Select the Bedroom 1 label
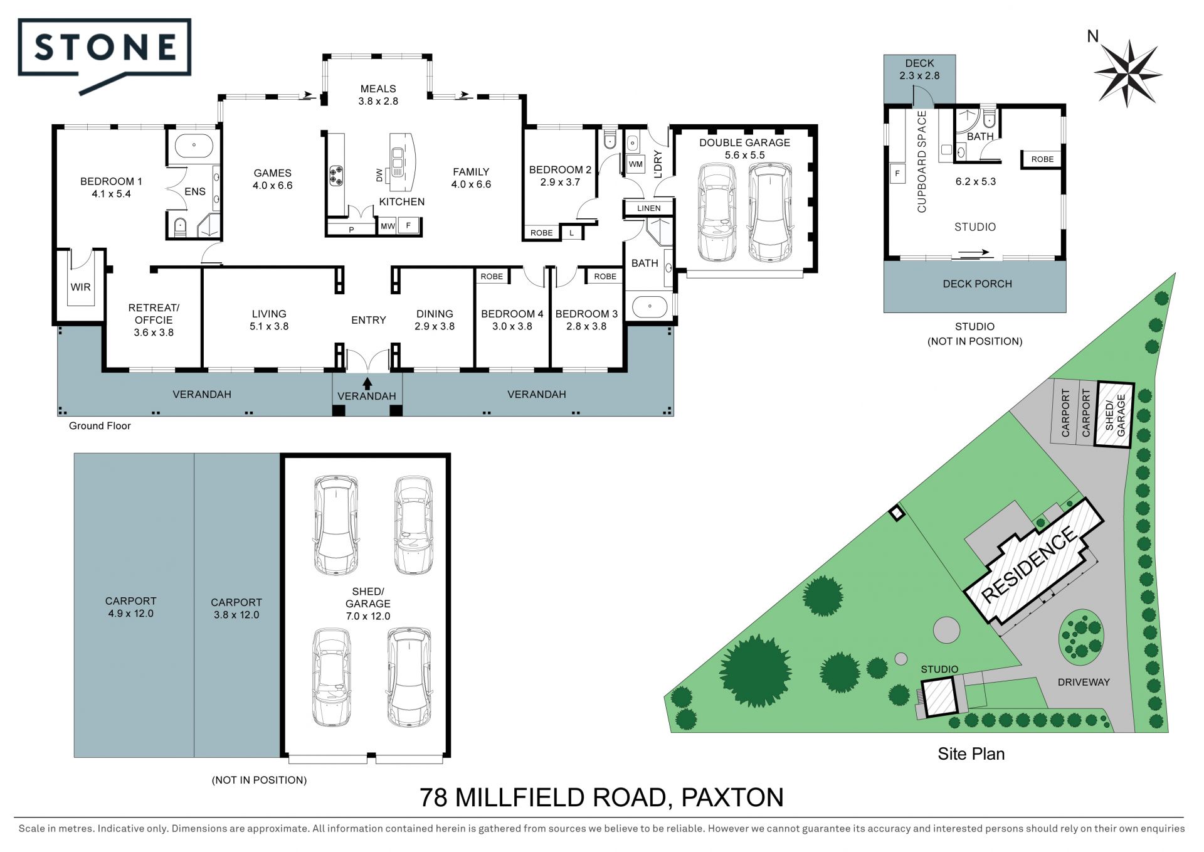[x=111, y=188]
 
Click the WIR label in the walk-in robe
[x=81, y=287]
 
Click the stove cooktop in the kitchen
[x=336, y=175]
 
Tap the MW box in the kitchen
[x=388, y=226]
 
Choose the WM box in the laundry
[x=635, y=164]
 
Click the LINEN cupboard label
[x=648, y=208]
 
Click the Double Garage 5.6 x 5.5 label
[x=744, y=149]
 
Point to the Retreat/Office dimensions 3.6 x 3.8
[x=154, y=333]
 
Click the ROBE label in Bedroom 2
[x=542, y=233]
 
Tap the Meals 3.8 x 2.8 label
[x=378, y=95]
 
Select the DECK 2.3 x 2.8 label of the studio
[x=919, y=70]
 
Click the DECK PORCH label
[x=977, y=284]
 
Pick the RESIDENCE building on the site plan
[x=1033, y=562]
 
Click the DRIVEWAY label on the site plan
[x=1084, y=683]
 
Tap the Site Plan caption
[x=971, y=754]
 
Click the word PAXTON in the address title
[x=732, y=798]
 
